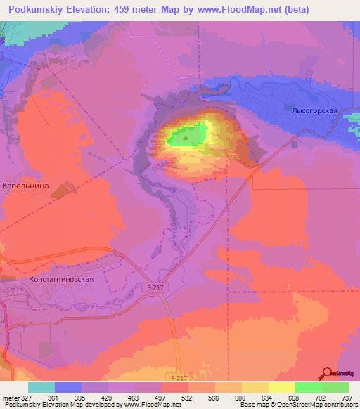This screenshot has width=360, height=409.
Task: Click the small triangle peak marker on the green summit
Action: [x=186, y=138]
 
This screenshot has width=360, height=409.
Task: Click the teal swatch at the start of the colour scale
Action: [x=41, y=387]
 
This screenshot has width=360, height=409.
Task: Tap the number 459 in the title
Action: [x=127, y=10]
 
